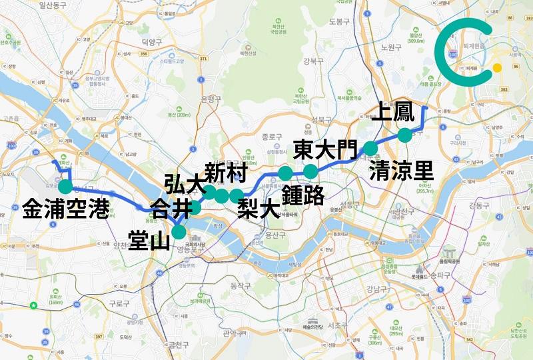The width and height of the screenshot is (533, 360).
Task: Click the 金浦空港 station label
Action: tap(65, 209)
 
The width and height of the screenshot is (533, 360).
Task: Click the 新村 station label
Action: tap(227, 173)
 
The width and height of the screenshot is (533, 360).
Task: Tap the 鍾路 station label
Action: tap(302, 195)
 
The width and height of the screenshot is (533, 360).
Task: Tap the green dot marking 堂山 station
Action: tap(179, 231)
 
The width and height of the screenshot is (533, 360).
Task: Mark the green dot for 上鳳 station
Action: tap(404, 135)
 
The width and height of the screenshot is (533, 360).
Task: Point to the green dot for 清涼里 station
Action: tap(370, 148)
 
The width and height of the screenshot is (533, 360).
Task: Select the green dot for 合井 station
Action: tap(195, 208)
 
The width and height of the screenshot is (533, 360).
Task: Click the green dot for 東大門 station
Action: tap(310, 171)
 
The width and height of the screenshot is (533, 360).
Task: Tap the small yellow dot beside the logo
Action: tap(497, 67)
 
